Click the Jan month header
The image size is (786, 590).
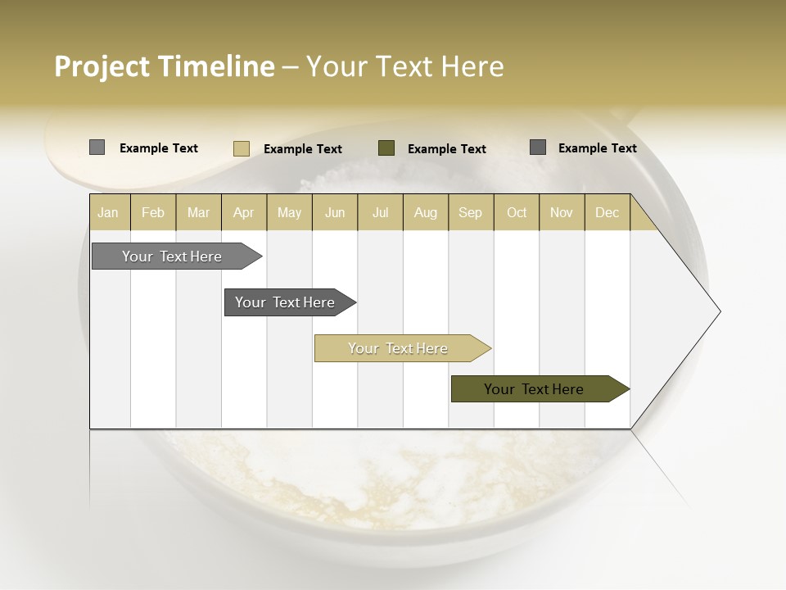pyautogui.click(x=108, y=212)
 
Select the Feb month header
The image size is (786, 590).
pyautogui.click(x=153, y=212)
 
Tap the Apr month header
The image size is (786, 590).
pyautogui.click(x=244, y=212)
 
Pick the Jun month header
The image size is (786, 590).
pyautogui.click(x=335, y=212)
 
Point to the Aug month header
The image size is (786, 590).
pyautogui.click(x=426, y=212)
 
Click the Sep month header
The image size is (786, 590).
pyautogui.click(x=470, y=212)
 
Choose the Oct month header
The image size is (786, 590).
pyautogui.click(x=517, y=212)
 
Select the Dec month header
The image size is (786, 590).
pyautogui.click(x=608, y=212)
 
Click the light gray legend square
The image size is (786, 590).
pyautogui.click(x=97, y=147)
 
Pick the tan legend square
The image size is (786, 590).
pyautogui.click(x=241, y=148)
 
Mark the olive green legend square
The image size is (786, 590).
pyautogui.click(x=386, y=147)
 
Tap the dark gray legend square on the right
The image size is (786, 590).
pyautogui.click(x=538, y=147)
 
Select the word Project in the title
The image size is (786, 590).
pyautogui.click(x=102, y=66)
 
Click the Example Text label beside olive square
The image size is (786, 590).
pyautogui.click(x=446, y=148)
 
